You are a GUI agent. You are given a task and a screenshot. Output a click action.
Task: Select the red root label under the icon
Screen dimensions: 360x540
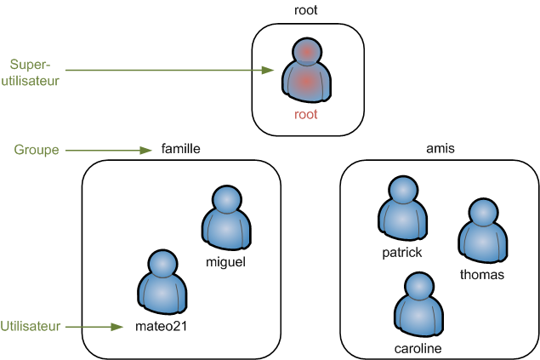click(x=305, y=114)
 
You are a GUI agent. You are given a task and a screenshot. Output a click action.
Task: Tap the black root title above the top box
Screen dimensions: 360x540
click(x=306, y=10)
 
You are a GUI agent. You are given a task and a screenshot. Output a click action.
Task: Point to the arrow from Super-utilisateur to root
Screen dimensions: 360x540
click(x=170, y=71)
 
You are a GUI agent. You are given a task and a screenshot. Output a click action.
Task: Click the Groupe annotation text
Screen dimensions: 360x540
click(x=37, y=150)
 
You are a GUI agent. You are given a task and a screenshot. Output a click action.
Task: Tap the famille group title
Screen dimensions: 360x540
click(x=180, y=149)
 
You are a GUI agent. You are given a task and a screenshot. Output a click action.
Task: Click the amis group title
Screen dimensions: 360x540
click(x=440, y=149)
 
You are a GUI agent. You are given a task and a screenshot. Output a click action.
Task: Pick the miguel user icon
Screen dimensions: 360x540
click(x=225, y=218)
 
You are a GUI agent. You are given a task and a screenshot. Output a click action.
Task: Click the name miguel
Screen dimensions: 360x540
click(x=225, y=262)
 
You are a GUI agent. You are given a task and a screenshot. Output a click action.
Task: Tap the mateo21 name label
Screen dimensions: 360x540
click(x=160, y=326)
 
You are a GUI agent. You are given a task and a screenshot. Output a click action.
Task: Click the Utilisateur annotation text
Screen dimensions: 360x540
click(x=31, y=326)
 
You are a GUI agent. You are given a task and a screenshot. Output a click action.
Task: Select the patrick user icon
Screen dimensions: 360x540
click(x=401, y=209)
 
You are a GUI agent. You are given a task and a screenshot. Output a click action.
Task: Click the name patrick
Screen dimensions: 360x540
click(x=401, y=253)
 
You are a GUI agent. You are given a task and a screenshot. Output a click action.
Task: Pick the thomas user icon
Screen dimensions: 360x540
click(x=482, y=231)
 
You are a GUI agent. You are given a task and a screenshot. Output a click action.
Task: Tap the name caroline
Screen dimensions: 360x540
click(x=418, y=349)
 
